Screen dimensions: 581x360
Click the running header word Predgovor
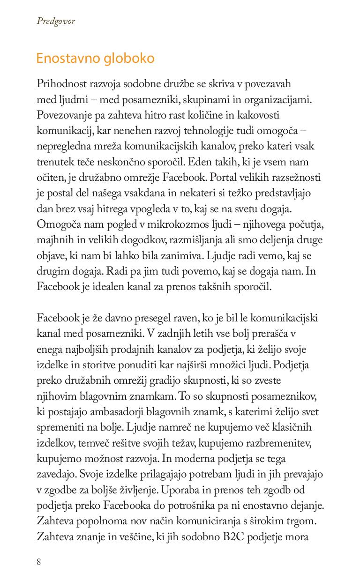click(56, 21)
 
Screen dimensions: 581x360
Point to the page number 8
click(39, 561)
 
